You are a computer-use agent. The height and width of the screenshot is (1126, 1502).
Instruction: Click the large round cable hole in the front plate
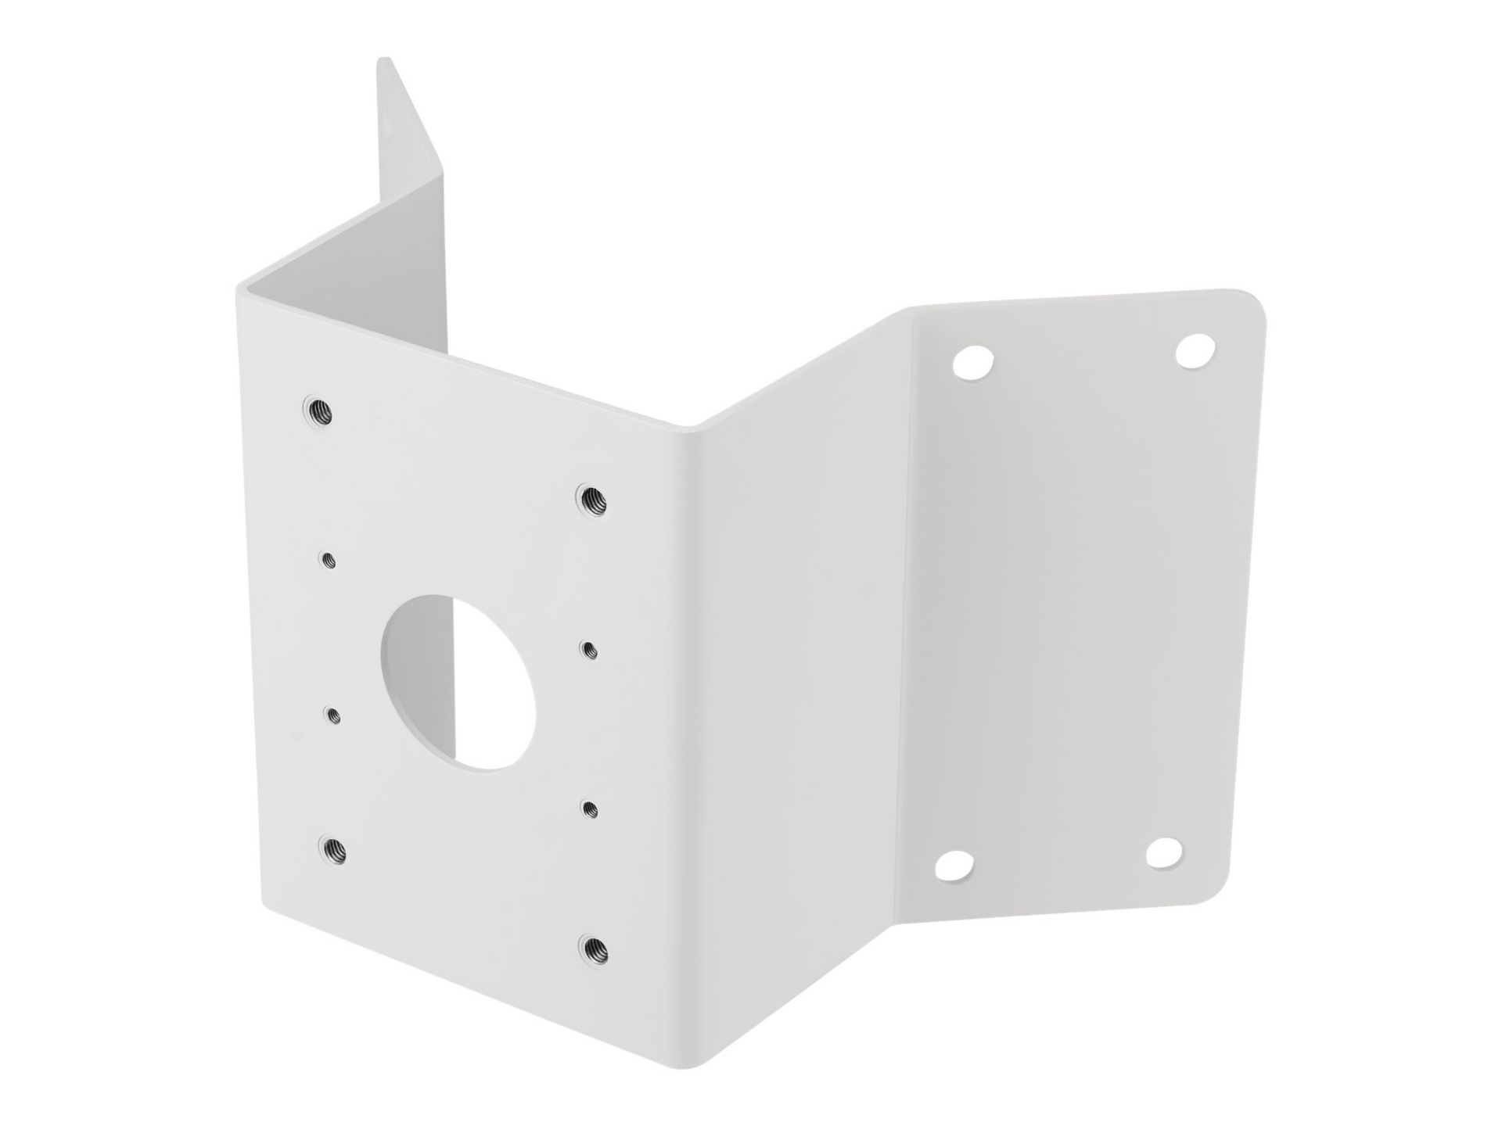(x=457, y=681)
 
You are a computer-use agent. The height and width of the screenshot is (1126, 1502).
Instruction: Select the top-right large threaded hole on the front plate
(x=592, y=498)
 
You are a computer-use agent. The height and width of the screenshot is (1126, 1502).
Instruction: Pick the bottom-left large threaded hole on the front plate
(x=334, y=848)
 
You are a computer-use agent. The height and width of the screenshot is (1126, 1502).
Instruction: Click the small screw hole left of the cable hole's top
(x=329, y=559)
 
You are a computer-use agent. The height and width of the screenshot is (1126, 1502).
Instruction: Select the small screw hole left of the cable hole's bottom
(x=333, y=713)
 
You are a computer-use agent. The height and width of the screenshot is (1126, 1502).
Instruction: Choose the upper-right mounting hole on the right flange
(x=1196, y=350)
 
